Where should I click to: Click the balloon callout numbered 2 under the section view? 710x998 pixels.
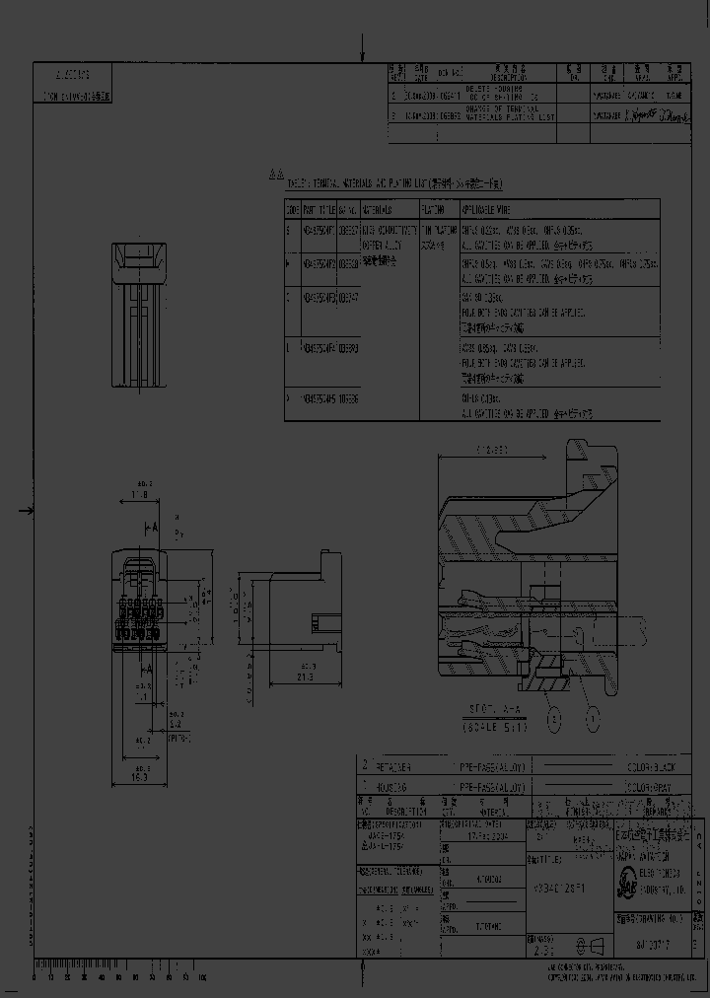click(x=555, y=719)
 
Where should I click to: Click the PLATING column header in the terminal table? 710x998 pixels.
click(x=434, y=209)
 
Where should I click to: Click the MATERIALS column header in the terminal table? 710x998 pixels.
click(x=377, y=209)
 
